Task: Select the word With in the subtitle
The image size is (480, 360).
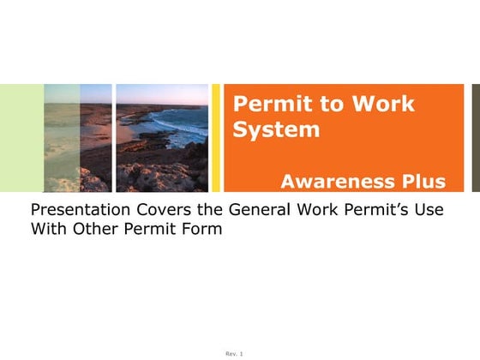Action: tap(47, 230)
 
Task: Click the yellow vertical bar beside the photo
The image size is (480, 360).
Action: tap(216, 137)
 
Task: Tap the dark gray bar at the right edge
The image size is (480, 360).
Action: tap(476, 137)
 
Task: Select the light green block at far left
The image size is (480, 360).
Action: tap(21, 137)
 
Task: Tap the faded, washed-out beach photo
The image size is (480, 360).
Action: tap(77, 137)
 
